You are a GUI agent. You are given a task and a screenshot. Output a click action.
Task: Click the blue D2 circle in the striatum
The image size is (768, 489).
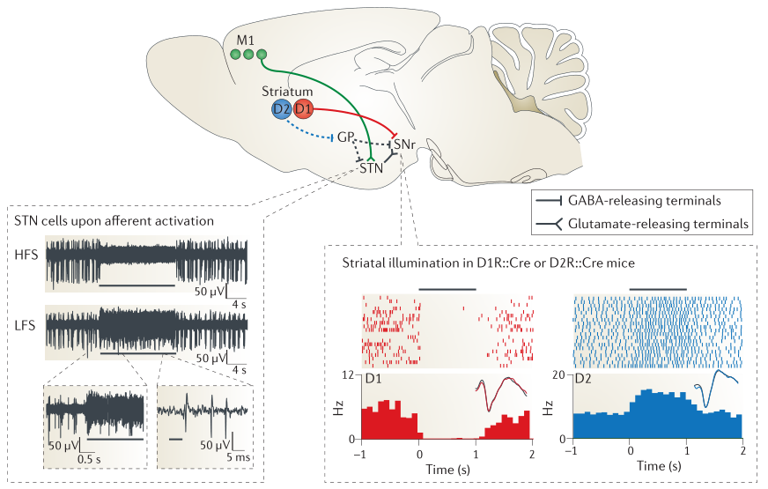click(x=282, y=110)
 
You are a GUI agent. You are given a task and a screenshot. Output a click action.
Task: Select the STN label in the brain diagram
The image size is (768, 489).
click(x=372, y=167)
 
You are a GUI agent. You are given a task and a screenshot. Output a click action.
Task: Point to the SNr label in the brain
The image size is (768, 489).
click(x=405, y=144)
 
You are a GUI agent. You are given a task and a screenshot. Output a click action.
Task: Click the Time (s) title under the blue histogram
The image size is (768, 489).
click(x=657, y=463)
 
